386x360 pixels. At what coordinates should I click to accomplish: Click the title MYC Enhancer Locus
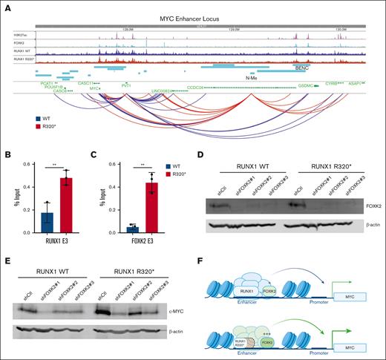coord(192,16)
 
